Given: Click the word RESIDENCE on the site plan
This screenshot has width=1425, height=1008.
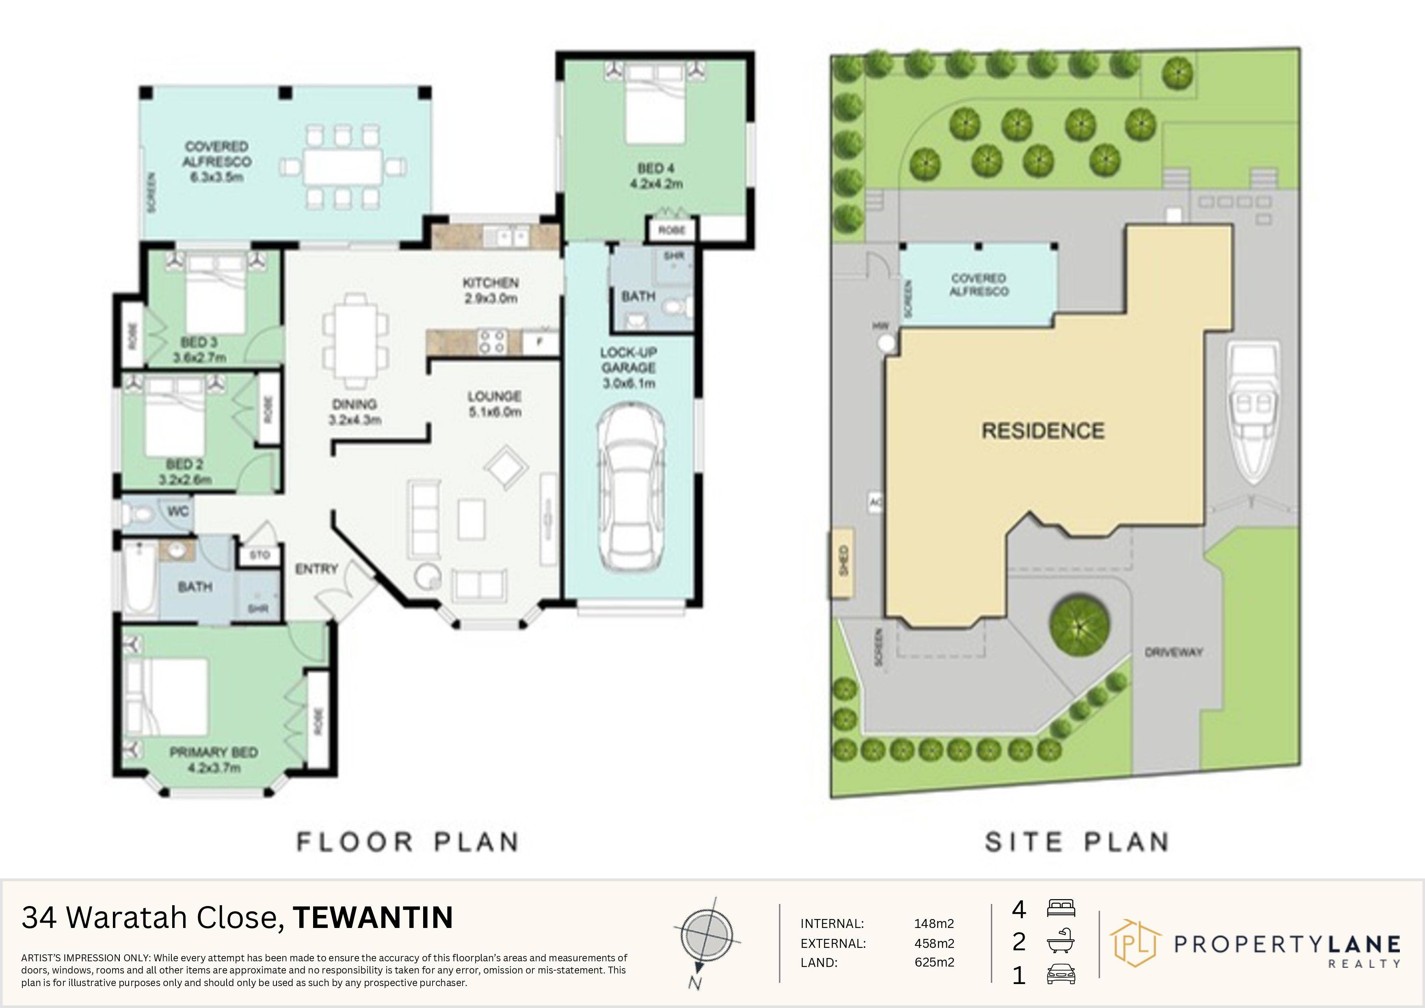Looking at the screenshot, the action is pos(1043,431).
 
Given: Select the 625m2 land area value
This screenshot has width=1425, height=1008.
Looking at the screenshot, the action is pos(934,962).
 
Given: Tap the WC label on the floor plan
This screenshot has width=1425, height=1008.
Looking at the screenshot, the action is pos(178,512).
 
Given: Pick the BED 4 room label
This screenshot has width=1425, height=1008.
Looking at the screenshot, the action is pos(656,168).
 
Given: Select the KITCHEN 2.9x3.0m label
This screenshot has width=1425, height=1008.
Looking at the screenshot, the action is pos(490,290).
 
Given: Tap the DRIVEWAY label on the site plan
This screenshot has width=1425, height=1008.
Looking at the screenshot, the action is pos(1174,652).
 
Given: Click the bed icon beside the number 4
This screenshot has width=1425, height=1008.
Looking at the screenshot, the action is pos(1061,908).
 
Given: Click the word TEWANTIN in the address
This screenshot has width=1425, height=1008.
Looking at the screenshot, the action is pos(373,918).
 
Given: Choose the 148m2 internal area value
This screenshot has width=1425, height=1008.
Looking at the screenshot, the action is pos(934,923).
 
